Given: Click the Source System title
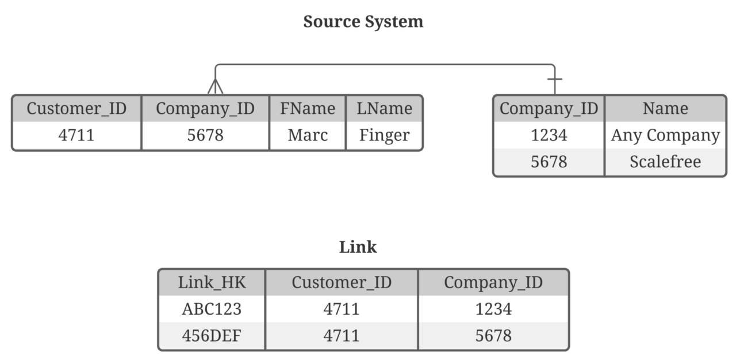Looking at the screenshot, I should pos(363,22).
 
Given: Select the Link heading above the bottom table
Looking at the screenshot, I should pos(358,247).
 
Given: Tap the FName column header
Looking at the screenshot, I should pos(307,109).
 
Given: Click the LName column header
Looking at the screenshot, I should pos(384,109).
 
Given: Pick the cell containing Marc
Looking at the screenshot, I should pos(307,136).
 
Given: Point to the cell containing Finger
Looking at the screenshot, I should pos(384,136).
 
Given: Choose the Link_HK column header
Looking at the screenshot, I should pos(212,282).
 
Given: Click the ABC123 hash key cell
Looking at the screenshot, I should pos(212,309).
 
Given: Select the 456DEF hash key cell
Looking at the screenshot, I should pos(212,336).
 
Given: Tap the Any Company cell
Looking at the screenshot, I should pos(665,136).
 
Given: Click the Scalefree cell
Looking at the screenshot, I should pos(665,162).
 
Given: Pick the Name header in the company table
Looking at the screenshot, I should pos(665,109).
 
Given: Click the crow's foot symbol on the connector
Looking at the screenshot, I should pos(215,86).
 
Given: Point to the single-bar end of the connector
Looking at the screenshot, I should pos(554,79).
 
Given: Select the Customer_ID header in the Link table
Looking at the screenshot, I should pos(342,282).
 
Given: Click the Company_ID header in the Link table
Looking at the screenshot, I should pos(493,282).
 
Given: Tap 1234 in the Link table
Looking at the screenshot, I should pos(493,309).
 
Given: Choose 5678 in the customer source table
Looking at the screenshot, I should pos(205,136).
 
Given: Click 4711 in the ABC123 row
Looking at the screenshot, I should pos(342,309).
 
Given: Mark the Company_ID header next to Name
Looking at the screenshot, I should pos(549,109).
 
